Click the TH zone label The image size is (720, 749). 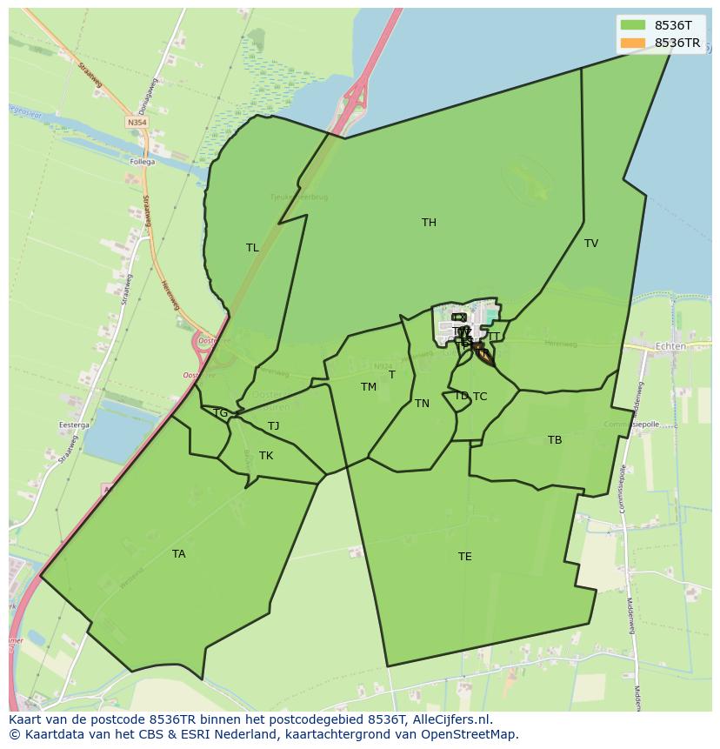coord(429,223)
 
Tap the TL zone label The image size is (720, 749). coord(252,248)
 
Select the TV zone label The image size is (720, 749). coord(591,244)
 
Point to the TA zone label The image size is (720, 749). coord(178,554)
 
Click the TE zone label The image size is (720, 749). coord(465,557)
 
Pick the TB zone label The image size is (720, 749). coord(555,440)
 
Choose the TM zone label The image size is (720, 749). coord(369,387)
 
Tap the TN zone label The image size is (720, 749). coord(422,404)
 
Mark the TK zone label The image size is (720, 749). coord(266,456)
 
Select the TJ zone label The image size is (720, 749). coord(273,426)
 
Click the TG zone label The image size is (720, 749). coord(220,413)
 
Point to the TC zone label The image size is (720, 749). coord(480,397)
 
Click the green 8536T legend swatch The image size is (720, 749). coord(632,25)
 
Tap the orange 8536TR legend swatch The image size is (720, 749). coord(632,43)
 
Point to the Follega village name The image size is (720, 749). coord(142,162)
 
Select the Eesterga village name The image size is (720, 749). coord(74,425)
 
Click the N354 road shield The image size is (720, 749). coord(137,124)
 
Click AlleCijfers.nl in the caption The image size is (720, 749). coord(452,719)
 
